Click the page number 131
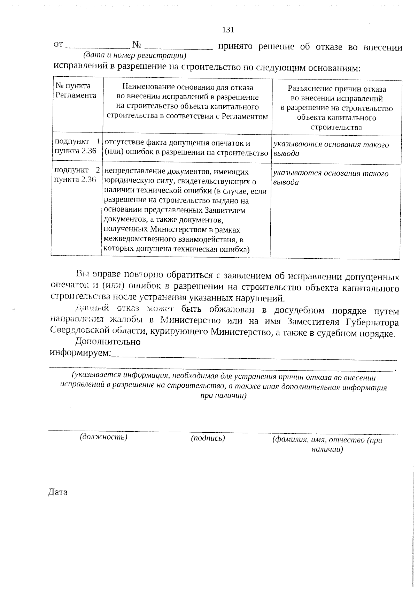pos(228,30)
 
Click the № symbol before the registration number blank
pos(137,45)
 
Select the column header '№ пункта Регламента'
pos(76,90)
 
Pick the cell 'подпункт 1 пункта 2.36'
pos(77,146)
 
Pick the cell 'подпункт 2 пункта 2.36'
pos(77,175)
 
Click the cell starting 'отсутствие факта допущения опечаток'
pos(186,148)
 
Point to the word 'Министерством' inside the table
pos(179,229)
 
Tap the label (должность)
pos(103,437)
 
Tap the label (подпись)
pos(208,438)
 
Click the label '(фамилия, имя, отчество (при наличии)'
pos(327,444)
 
